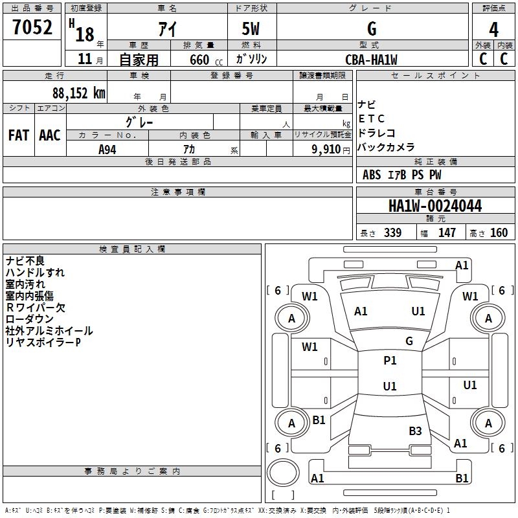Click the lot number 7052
[32, 27]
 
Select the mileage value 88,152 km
[78, 93]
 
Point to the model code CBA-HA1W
[371, 60]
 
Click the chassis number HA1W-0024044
[435, 207]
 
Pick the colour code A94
[107, 149]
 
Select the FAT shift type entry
[18, 135]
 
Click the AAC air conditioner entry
[50, 135]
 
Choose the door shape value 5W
[252, 29]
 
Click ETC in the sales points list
[371, 118]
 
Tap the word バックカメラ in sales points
[386, 147]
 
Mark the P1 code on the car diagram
[390, 361]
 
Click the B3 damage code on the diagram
[415, 431]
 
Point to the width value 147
[447, 233]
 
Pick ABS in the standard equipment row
[372, 175]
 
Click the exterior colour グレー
[139, 122]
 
